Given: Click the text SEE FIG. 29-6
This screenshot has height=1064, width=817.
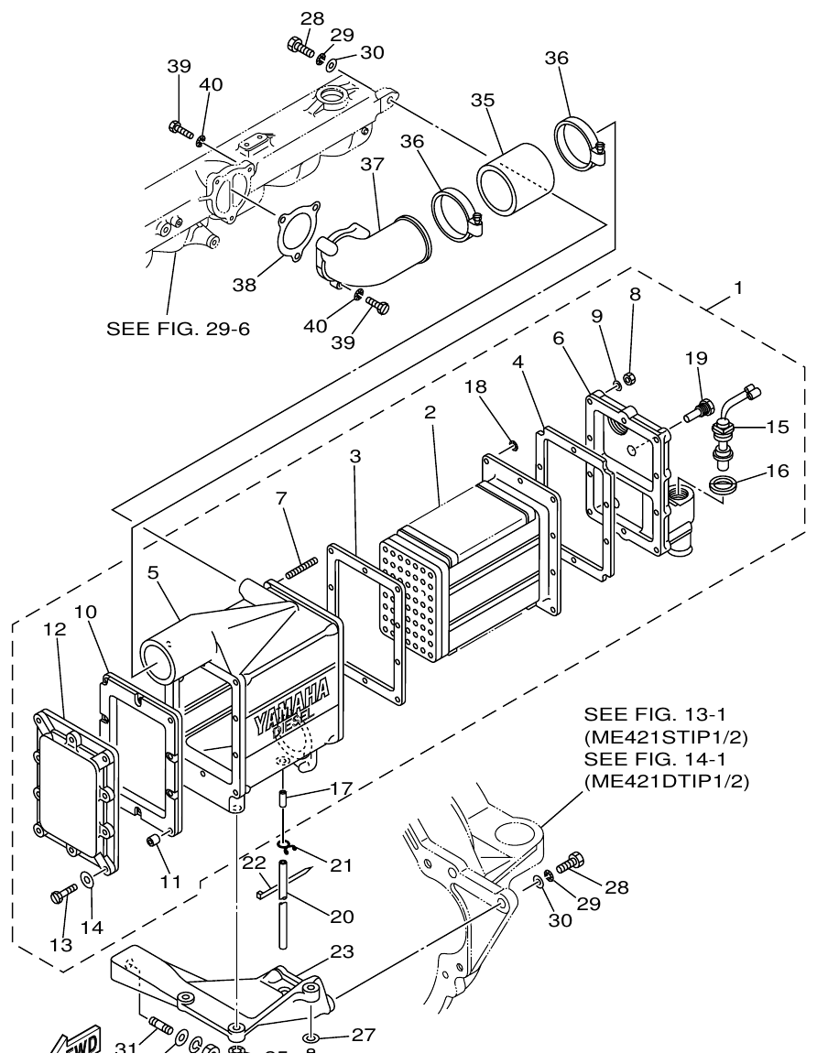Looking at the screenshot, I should pos(178,328).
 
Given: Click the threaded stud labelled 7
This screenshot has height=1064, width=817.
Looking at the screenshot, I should pos(301,567).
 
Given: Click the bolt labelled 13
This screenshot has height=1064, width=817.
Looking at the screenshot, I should pos(63,893).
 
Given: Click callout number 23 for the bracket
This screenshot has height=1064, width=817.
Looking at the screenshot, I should pos(341,951).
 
